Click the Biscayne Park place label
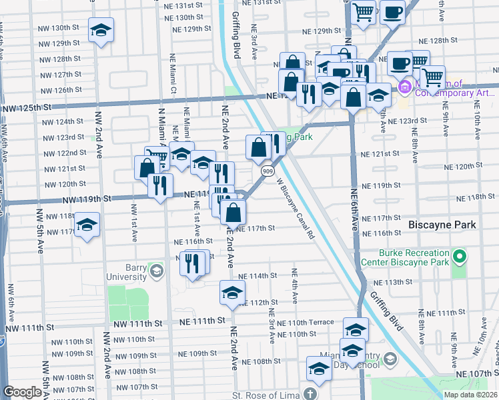442,225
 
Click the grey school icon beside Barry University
156,270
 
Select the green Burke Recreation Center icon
459,256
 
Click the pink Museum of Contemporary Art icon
404,87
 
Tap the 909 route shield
266,171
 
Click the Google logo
22,392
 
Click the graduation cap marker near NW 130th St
101,30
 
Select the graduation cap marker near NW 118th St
87,225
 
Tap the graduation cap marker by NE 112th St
232,293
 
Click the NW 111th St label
27,327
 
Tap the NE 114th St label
257,276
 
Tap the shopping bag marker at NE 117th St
233,213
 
